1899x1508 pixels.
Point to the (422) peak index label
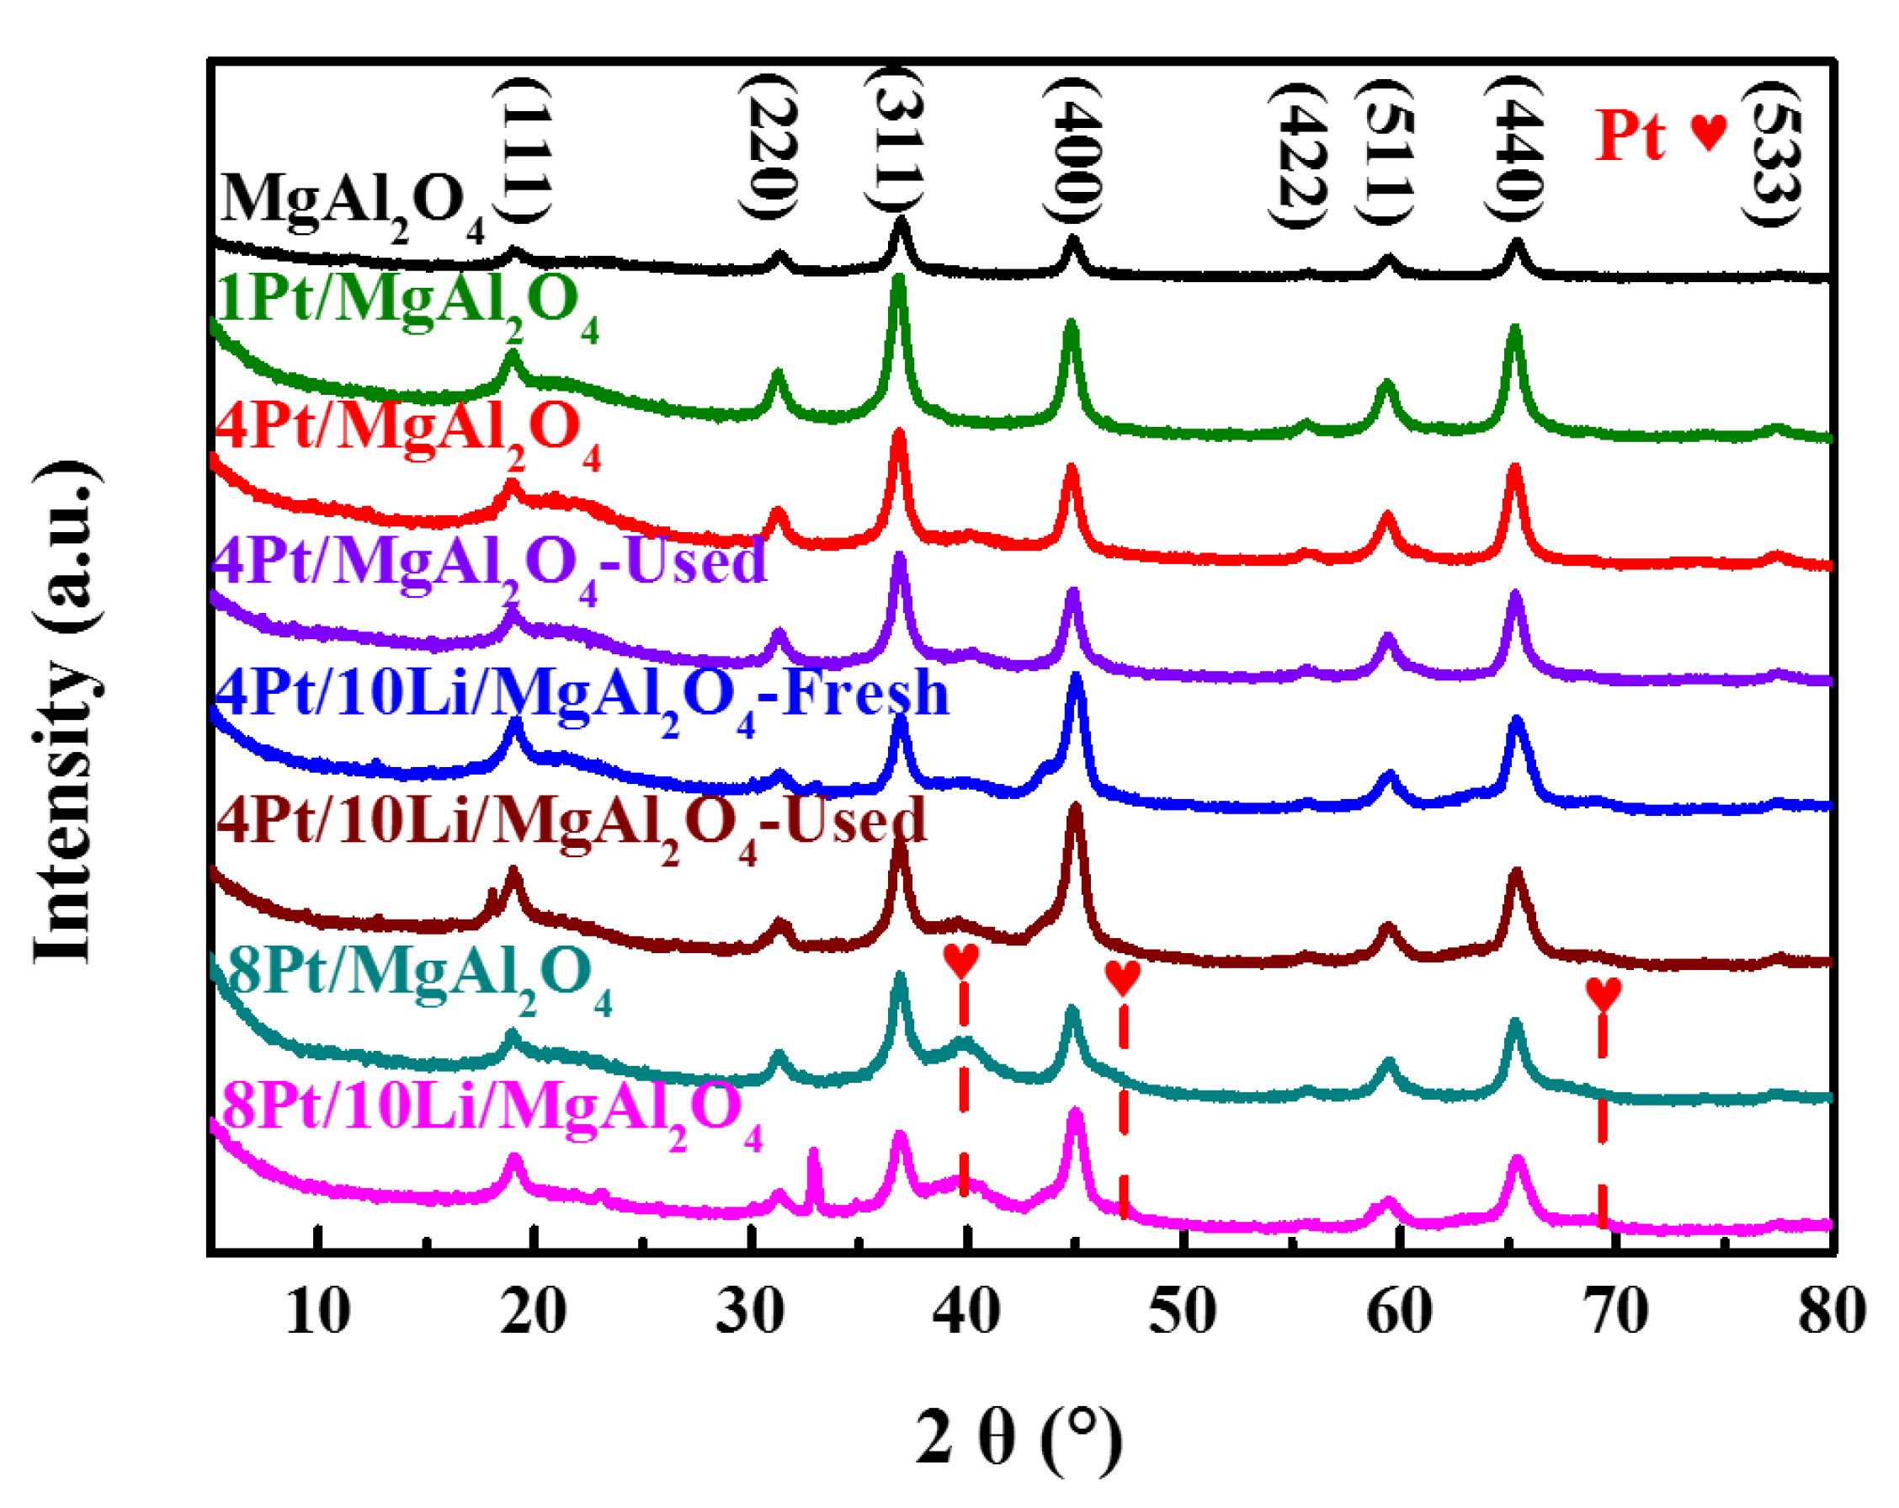point(1295,153)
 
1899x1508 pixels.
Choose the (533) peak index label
point(1772,152)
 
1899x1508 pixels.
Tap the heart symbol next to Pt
point(1709,132)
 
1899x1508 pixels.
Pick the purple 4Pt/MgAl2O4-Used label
point(490,564)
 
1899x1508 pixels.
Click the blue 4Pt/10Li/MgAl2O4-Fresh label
point(582,695)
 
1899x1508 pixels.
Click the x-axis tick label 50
point(1183,1313)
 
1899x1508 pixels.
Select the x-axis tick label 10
point(318,1313)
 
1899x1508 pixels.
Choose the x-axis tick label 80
point(1831,1313)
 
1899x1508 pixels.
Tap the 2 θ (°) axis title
point(1019,1437)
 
